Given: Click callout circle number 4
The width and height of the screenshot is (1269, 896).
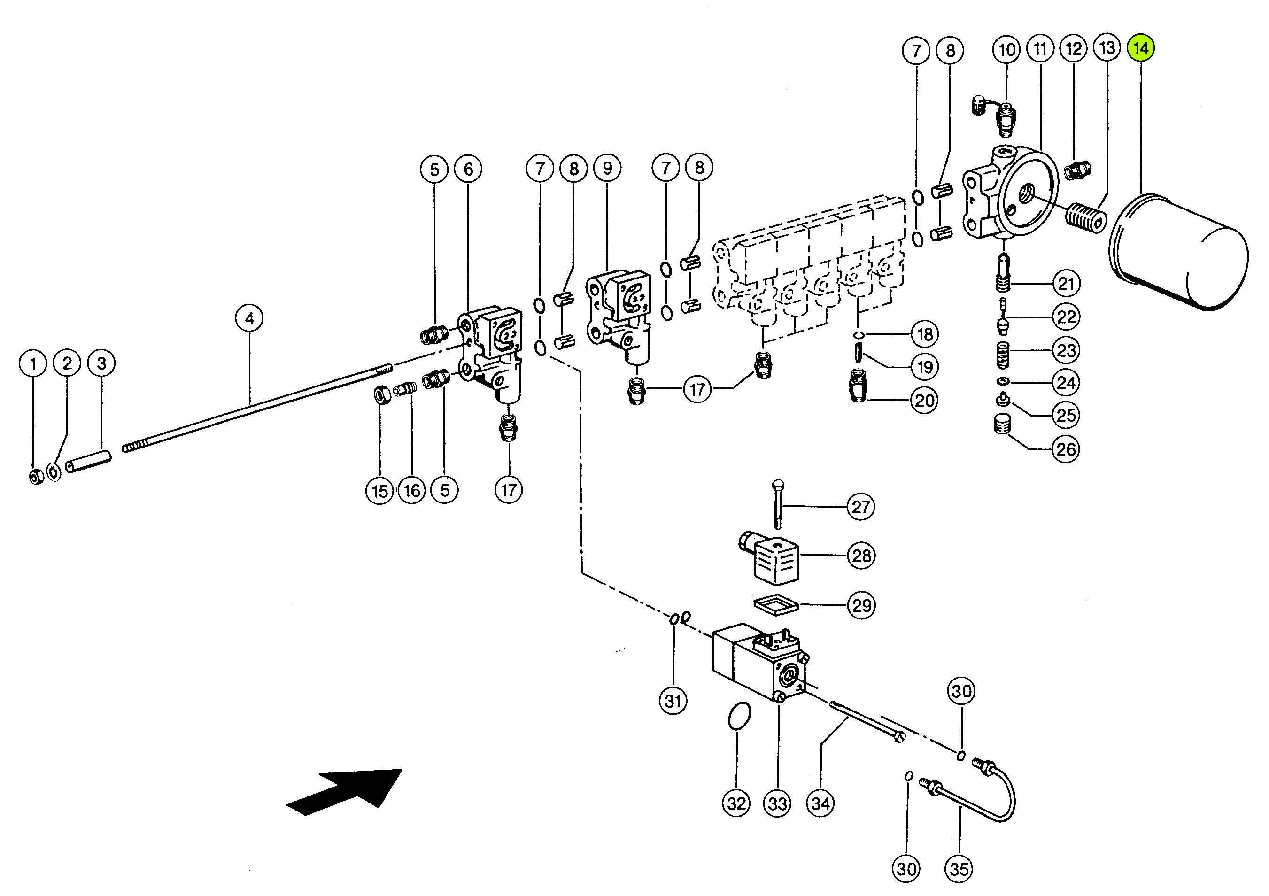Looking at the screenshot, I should point(249,318).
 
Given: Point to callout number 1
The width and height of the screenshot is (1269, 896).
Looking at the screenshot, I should point(33,363).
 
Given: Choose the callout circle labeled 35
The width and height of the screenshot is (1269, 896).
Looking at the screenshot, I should point(959,869).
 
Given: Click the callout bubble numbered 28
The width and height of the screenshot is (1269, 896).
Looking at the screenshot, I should point(861,556).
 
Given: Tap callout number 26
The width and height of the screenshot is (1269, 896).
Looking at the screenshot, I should point(1066,449).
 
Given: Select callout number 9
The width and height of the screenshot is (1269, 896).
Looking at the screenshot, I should point(607,168).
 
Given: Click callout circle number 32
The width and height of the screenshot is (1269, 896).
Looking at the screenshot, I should point(736,803).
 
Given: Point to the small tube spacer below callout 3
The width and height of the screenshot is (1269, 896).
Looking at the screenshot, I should point(88,462).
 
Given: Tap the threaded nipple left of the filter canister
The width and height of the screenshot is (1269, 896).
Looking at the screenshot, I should point(1085,218).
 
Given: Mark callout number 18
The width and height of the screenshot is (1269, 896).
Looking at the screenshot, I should point(925,334).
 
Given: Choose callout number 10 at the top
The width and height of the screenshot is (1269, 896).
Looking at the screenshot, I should point(1006,50).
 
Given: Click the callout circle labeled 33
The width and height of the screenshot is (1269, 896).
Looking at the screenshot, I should point(778,803).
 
